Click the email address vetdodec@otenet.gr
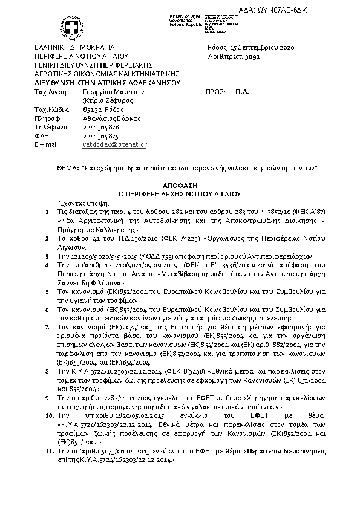115,145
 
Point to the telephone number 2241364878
101,128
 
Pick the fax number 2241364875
101,137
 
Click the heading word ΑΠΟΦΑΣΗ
180,187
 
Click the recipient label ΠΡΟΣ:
216,92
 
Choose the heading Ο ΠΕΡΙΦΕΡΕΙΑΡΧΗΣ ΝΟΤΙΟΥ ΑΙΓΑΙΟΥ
180,195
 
